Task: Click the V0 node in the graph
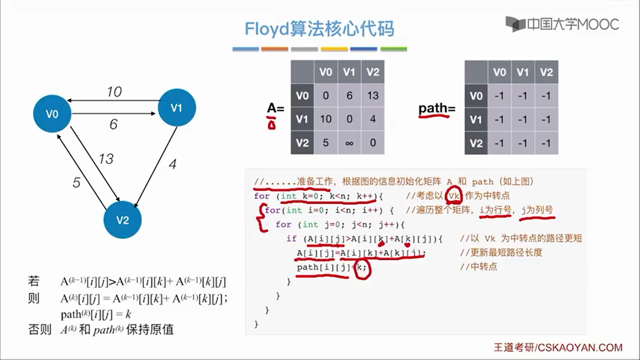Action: click(52, 114)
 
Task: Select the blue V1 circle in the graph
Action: click(176, 107)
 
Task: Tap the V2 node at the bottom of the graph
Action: click(122, 220)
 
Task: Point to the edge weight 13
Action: click(106, 159)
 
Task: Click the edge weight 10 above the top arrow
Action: click(114, 92)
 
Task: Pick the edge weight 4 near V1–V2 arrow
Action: click(172, 164)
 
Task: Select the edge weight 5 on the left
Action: click(76, 182)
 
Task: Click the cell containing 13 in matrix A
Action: click(373, 96)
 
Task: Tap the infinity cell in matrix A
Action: click(349, 143)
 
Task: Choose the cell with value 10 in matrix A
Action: click(326, 119)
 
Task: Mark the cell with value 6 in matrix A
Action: click(349, 96)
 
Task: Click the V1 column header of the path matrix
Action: click(523, 72)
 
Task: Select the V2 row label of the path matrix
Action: click(476, 143)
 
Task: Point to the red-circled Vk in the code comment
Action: click(454, 196)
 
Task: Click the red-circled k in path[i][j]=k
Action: click(362, 267)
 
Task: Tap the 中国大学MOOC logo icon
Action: click(515, 24)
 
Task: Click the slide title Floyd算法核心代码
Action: click(319, 29)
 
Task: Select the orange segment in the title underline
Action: click(274, 49)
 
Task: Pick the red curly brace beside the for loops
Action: click(261, 218)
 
